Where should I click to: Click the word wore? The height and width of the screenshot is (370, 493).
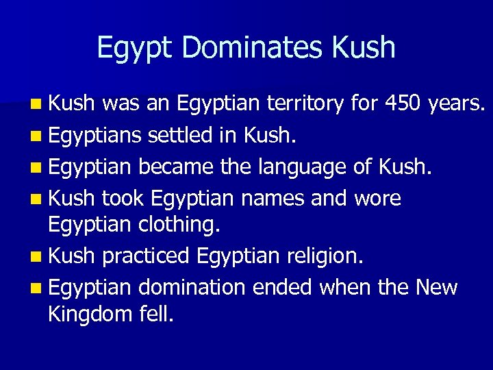coord(377,199)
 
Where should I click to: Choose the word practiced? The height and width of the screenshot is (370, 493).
coord(146,256)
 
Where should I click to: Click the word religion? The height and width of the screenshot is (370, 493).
coord(323,257)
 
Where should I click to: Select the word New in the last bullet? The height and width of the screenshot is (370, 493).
coord(436,287)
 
